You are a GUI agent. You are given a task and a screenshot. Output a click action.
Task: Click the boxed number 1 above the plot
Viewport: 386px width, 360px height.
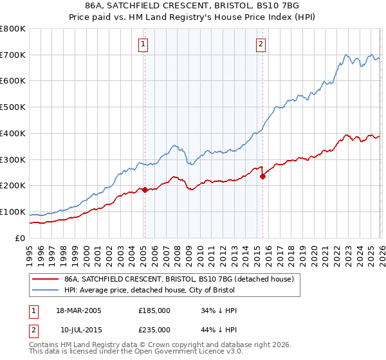click(143, 44)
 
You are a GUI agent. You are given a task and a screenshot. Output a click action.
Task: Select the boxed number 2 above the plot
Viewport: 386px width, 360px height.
click(261, 44)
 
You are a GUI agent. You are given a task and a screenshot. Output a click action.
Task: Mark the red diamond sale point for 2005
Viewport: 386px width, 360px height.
click(145, 190)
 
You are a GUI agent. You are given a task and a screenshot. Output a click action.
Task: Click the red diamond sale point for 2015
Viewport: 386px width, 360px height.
click(262, 176)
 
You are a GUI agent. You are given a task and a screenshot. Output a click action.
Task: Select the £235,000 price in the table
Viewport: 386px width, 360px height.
click(154, 330)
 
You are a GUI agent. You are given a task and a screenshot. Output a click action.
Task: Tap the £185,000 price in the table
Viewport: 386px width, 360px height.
click(154, 310)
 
